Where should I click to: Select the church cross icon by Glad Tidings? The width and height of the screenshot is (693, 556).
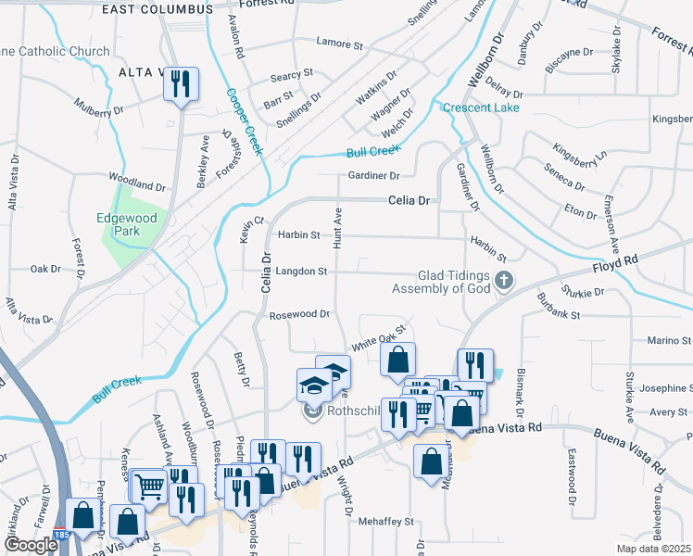coord(503,280)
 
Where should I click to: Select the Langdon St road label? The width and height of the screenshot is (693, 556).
coord(301,272)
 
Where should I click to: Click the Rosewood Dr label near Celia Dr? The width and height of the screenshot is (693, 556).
coord(299,314)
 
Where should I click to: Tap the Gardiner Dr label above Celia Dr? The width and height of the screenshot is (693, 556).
coord(373,175)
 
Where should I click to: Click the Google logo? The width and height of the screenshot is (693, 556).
coord(31,545)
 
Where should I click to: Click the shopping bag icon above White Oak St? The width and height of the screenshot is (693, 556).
coord(397,360)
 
